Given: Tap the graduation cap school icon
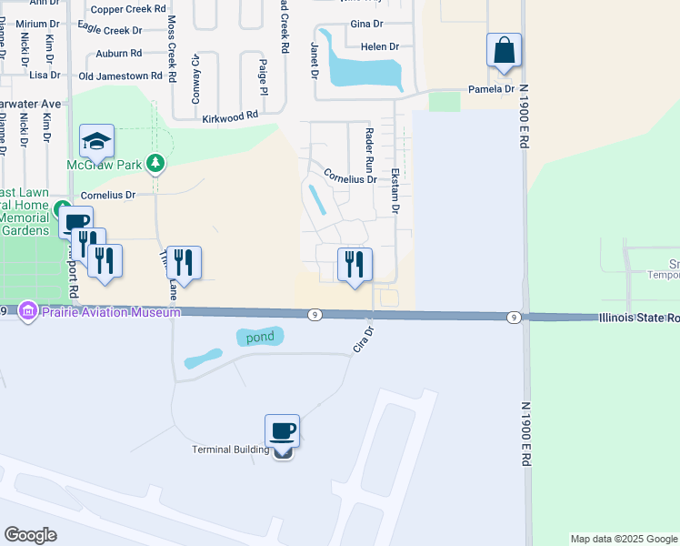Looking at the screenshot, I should click(x=96, y=141).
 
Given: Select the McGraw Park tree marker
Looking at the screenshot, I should click(x=156, y=163).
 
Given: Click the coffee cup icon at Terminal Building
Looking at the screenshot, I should click(x=282, y=430).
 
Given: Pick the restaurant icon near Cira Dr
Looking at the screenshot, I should click(x=354, y=264).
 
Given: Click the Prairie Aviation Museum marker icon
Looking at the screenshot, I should click(x=27, y=312).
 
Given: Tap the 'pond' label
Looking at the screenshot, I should click(x=260, y=337).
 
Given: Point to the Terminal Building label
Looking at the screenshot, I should click(x=231, y=450).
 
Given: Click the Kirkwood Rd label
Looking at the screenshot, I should click(x=230, y=116).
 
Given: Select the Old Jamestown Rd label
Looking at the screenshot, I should click(x=120, y=76).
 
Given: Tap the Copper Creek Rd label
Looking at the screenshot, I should click(x=128, y=9).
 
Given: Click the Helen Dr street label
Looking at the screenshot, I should click(x=380, y=46).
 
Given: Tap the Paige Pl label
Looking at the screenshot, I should click(x=263, y=77).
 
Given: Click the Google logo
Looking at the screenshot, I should click(x=30, y=535).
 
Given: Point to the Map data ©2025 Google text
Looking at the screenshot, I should click(x=623, y=539).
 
